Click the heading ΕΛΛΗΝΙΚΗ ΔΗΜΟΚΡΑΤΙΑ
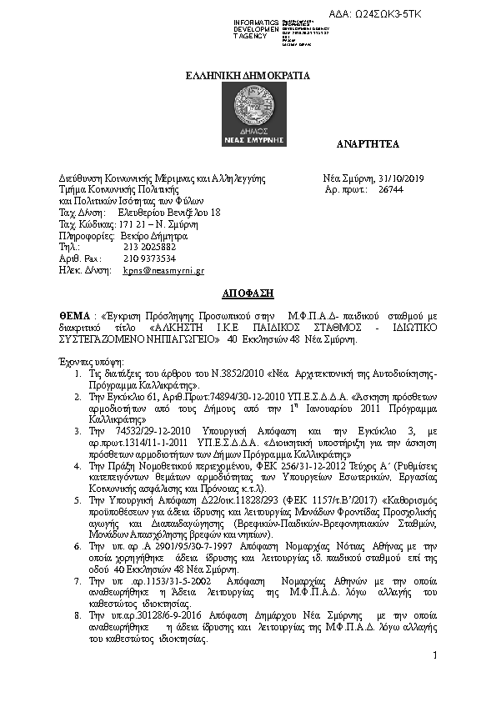[x=247, y=75]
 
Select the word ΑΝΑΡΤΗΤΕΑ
[x=368, y=144]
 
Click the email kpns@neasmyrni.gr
[x=163, y=271]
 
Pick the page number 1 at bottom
[x=434, y=658]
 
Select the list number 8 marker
[x=78, y=613]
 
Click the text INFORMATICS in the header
[x=256, y=21]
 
